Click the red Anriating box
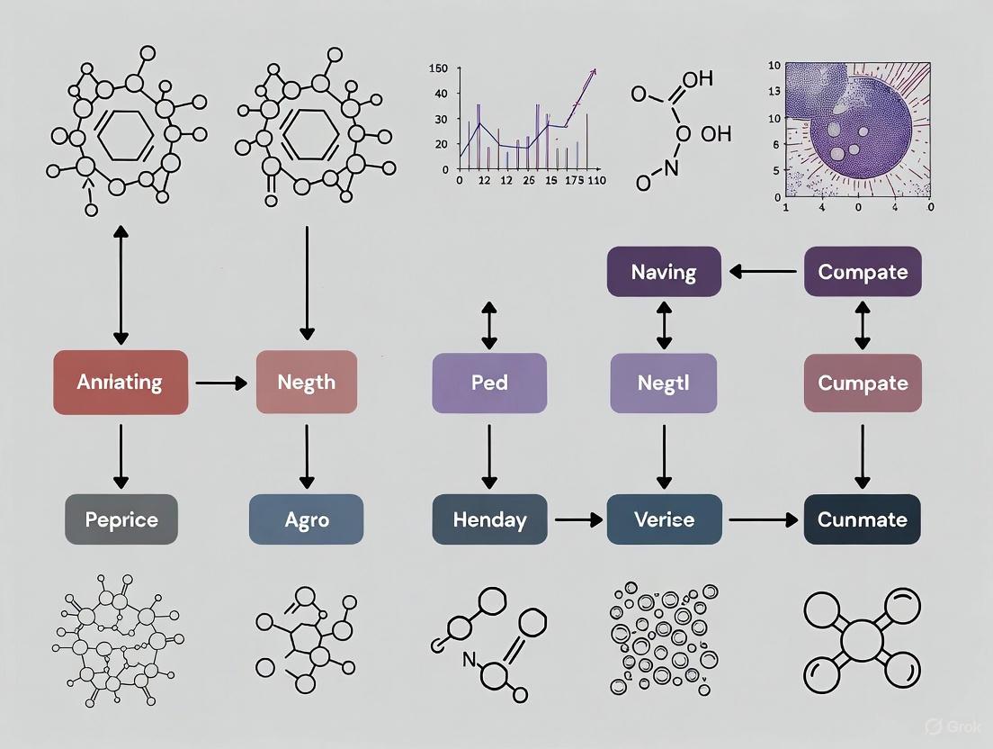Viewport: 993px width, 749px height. pos(121,383)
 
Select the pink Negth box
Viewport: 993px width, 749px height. pos(307,383)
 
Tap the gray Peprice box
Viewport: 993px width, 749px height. pos(121,519)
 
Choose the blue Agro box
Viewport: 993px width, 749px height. pos(306,519)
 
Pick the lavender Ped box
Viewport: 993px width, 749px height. pos(489,383)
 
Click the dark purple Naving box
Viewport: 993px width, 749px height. pos(664,272)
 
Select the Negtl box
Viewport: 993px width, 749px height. pos(664,383)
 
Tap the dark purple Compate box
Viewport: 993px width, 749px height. pos(863,272)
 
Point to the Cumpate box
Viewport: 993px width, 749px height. pos(863,383)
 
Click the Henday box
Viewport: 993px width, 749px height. pos(489,519)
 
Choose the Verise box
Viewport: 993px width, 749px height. pos(664,519)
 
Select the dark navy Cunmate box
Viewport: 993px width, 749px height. pos(862,519)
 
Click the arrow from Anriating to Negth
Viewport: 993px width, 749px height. pos(221,384)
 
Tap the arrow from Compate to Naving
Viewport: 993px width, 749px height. pos(763,272)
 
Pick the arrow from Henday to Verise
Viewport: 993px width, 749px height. pos(577,519)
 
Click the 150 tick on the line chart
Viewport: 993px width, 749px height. pos(439,68)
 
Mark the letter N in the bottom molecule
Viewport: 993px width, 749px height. pos(468,659)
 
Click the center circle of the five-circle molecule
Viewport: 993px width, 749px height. pos(861,642)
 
